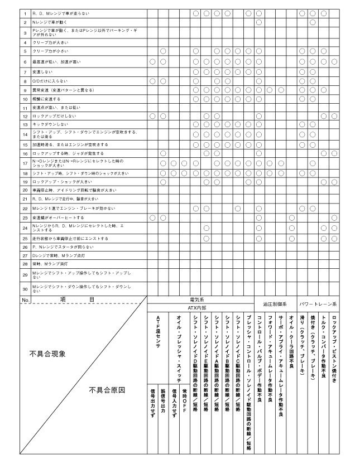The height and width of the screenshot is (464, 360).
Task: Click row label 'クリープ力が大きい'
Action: tap(50, 42)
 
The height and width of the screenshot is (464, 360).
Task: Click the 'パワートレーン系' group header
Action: tap(318, 304)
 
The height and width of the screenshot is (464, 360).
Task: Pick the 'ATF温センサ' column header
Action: tap(158, 332)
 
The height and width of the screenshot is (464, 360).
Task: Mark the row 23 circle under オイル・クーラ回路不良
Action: tap(291, 217)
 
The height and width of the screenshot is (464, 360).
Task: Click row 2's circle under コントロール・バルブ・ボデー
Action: tap(259, 22)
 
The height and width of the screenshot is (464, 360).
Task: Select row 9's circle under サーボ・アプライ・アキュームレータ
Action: tap(281, 89)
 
